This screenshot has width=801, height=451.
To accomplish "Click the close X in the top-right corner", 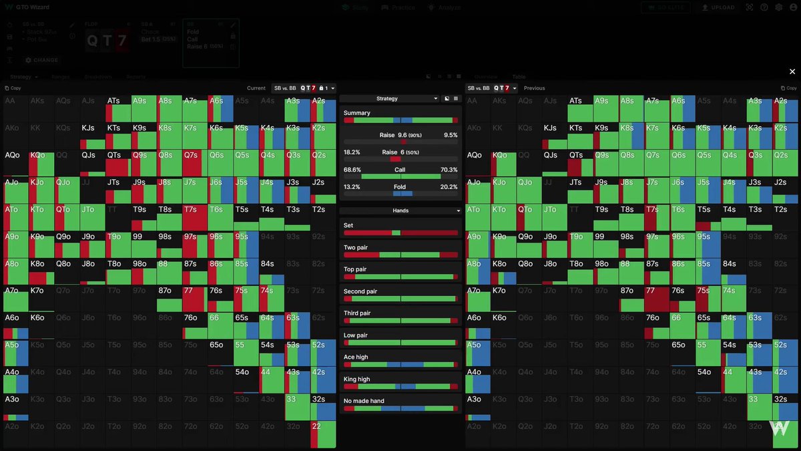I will pos(792,71).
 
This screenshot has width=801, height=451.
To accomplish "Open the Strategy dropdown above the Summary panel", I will pos(390,98).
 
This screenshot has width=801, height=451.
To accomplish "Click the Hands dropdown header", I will pos(400,210).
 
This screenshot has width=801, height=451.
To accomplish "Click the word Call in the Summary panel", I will pos(400,170).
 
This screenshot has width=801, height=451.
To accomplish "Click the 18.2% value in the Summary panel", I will pos(352,152).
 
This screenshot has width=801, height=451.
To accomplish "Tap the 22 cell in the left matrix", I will pos(322,434).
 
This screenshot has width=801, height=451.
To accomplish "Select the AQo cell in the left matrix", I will pos(16,162).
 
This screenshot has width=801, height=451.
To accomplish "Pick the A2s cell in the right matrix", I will pos(786,108).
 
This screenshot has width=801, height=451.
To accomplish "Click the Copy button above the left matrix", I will pos(13,88).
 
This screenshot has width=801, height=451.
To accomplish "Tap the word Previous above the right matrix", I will pos(534,88).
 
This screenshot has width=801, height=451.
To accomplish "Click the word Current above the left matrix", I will pos(256,88).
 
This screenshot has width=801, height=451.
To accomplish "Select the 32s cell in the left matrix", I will pos(322,407).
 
